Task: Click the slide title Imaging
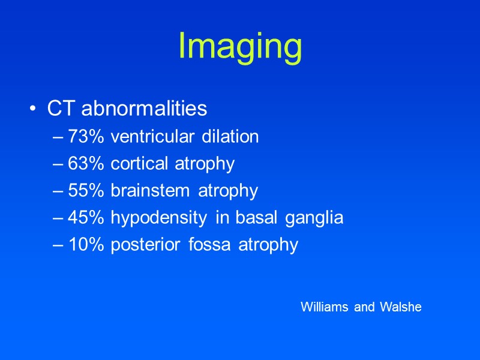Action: tap(240, 47)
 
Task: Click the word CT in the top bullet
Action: tap(61, 109)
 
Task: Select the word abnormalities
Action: tap(144, 109)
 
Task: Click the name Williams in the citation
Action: tap(325, 307)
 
